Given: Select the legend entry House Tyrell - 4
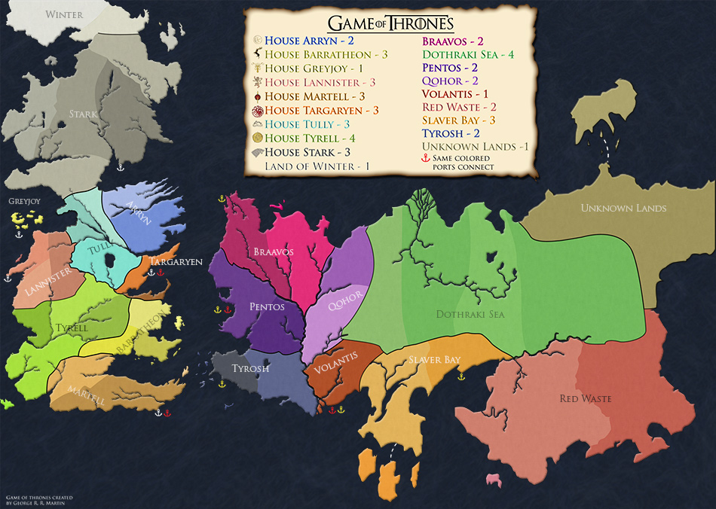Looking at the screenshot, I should click(x=310, y=138).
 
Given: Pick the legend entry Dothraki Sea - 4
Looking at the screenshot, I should click(x=469, y=54).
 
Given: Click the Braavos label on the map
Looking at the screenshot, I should click(x=274, y=251).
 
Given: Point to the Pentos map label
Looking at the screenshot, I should click(x=267, y=307).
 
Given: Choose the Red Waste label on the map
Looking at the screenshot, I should click(x=585, y=398).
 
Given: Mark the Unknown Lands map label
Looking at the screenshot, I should click(x=623, y=208).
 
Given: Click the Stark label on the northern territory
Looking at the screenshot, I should click(x=83, y=115).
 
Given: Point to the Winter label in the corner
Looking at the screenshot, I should click(x=64, y=14).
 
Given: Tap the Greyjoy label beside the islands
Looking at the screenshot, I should click(x=23, y=202).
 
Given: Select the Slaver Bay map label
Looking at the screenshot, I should click(x=434, y=361).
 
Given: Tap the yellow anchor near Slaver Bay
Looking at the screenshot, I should click(x=461, y=376).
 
